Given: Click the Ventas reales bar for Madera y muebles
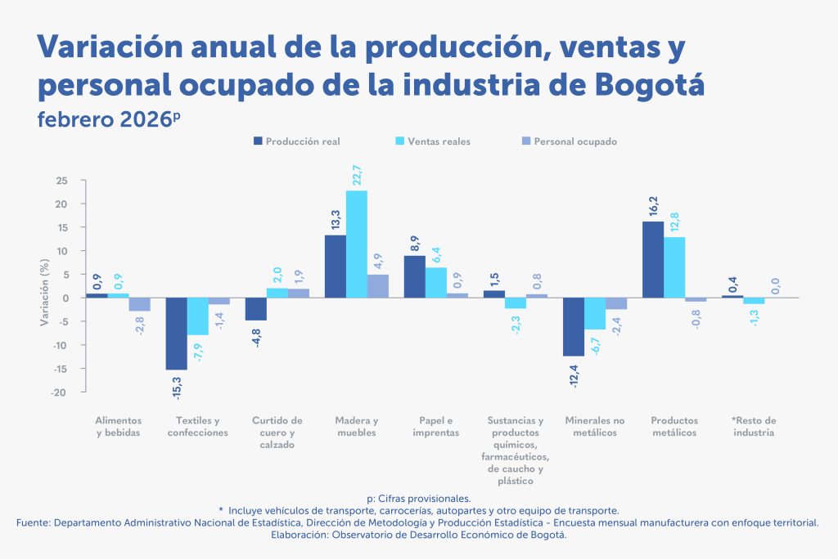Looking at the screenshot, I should pyautogui.click(x=356, y=244).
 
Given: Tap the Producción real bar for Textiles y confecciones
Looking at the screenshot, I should pyautogui.click(x=176, y=334).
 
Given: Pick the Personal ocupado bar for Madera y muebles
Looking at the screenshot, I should pyautogui.click(x=378, y=285).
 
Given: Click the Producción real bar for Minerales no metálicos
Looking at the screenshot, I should pyautogui.click(x=574, y=326).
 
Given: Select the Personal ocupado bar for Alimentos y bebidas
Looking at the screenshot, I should pyautogui.click(x=140, y=304).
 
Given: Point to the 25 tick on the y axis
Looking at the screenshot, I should pyautogui.click(x=62, y=181).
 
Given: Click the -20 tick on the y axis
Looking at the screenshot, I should pyautogui.click(x=61, y=392).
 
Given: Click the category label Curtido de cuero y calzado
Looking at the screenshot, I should pyautogui.click(x=277, y=432).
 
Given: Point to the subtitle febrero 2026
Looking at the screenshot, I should pyautogui.click(x=105, y=119).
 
